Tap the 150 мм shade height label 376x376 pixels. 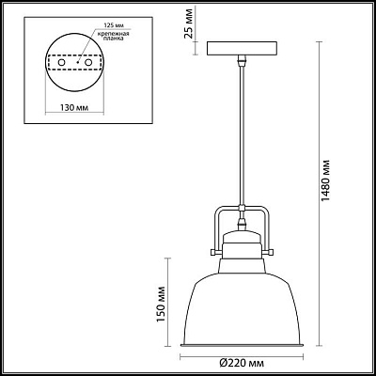point(162,302)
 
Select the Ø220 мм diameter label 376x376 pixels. point(242,361)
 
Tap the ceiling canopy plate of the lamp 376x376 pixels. point(241,49)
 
